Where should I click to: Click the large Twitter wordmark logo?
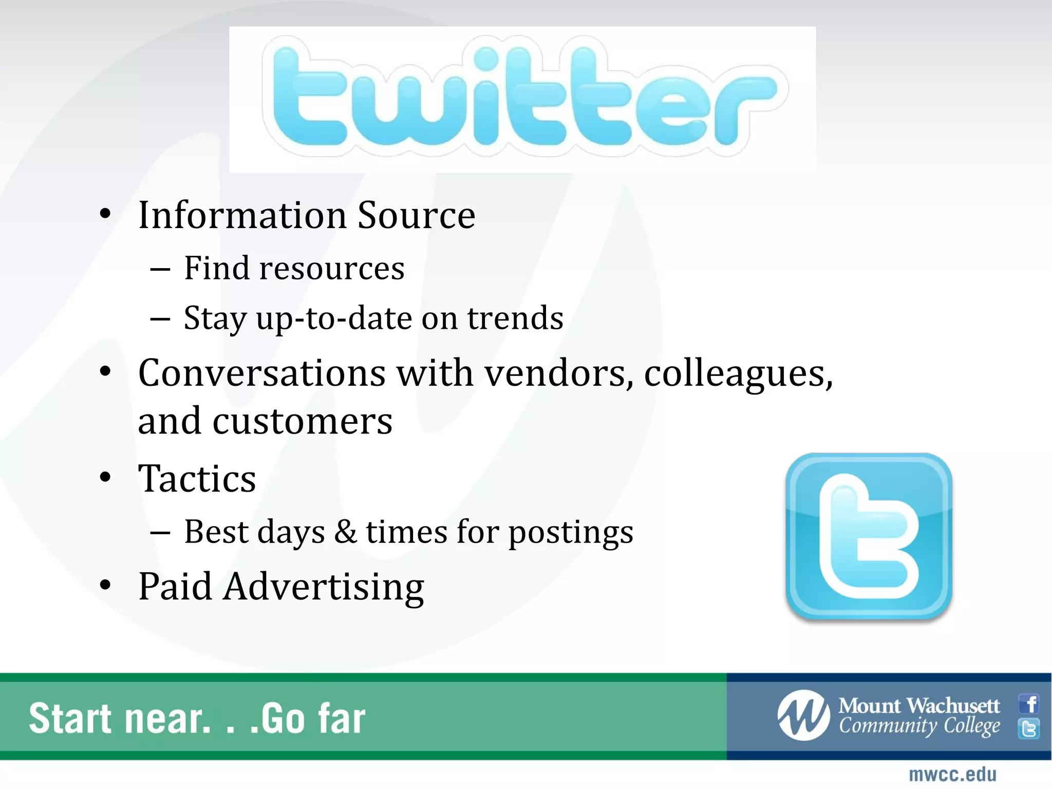[x=522, y=98]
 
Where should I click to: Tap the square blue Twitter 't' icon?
[x=869, y=536]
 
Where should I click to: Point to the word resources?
[x=332, y=268]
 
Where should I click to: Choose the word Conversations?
[x=262, y=373]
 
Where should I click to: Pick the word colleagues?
[x=738, y=374]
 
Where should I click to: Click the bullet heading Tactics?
[x=197, y=479]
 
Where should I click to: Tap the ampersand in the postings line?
[x=345, y=532]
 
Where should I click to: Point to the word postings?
[x=571, y=533]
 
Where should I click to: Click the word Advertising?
[x=324, y=587]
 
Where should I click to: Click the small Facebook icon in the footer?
[x=1029, y=704]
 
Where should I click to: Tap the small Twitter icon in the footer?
[x=1029, y=728]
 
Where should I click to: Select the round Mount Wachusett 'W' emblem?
[x=803, y=716]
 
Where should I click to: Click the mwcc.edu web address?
[x=952, y=775]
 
